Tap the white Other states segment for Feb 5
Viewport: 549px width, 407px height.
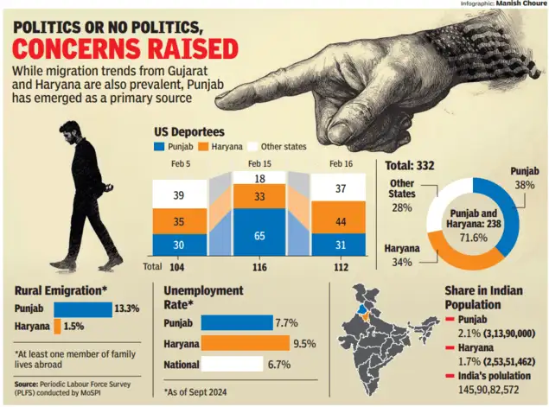pos(180,196)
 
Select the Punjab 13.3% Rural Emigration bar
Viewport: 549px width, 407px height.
pos(83,309)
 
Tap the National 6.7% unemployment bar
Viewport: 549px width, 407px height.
pos(232,364)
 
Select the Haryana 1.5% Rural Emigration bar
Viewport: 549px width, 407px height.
pos(58,327)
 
